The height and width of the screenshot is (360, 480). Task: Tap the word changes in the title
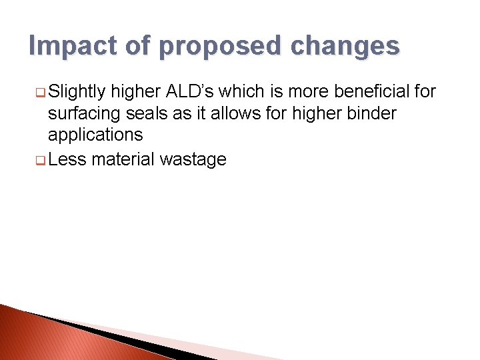coord(347,46)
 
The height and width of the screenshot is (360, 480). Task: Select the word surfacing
coord(86,113)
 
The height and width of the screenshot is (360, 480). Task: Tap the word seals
coord(150,113)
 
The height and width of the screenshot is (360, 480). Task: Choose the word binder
coord(369,113)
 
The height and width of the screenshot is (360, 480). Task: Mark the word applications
coord(95,135)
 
